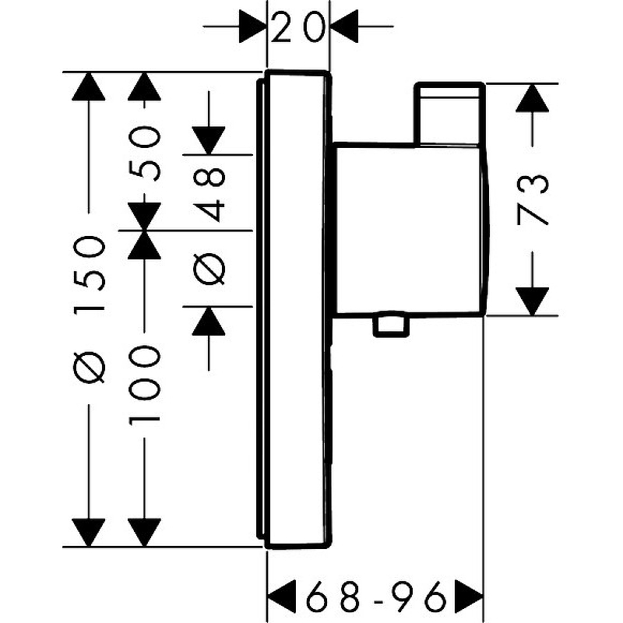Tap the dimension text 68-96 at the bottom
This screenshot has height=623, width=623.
(x=375, y=598)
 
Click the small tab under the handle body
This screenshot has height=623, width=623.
(x=390, y=326)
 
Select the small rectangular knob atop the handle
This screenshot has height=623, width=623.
(x=449, y=113)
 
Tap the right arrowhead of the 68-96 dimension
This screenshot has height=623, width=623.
(x=469, y=598)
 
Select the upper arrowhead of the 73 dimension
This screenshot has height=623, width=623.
(x=532, y=97)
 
